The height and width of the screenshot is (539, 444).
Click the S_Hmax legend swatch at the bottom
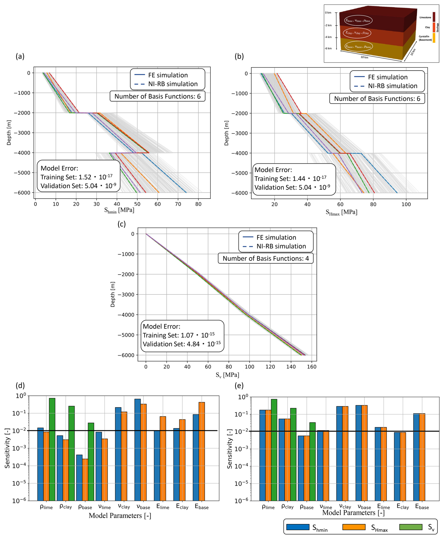354,527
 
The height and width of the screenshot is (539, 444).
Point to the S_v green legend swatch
411,527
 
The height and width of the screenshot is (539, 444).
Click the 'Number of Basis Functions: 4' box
265,258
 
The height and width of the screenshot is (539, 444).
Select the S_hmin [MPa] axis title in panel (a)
119,210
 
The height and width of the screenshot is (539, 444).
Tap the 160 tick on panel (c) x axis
311,367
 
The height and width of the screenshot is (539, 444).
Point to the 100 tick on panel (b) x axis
406,204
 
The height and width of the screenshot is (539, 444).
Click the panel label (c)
122,224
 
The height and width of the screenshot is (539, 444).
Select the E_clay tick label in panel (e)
403,507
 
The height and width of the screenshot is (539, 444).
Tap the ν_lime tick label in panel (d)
104,507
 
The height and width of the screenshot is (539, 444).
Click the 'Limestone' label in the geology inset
425,17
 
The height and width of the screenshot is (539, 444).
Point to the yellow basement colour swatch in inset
434,38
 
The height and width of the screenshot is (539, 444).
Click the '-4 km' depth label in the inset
328,37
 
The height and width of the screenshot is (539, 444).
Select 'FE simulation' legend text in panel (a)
168,75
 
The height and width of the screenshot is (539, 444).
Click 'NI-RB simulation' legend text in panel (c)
281,246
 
